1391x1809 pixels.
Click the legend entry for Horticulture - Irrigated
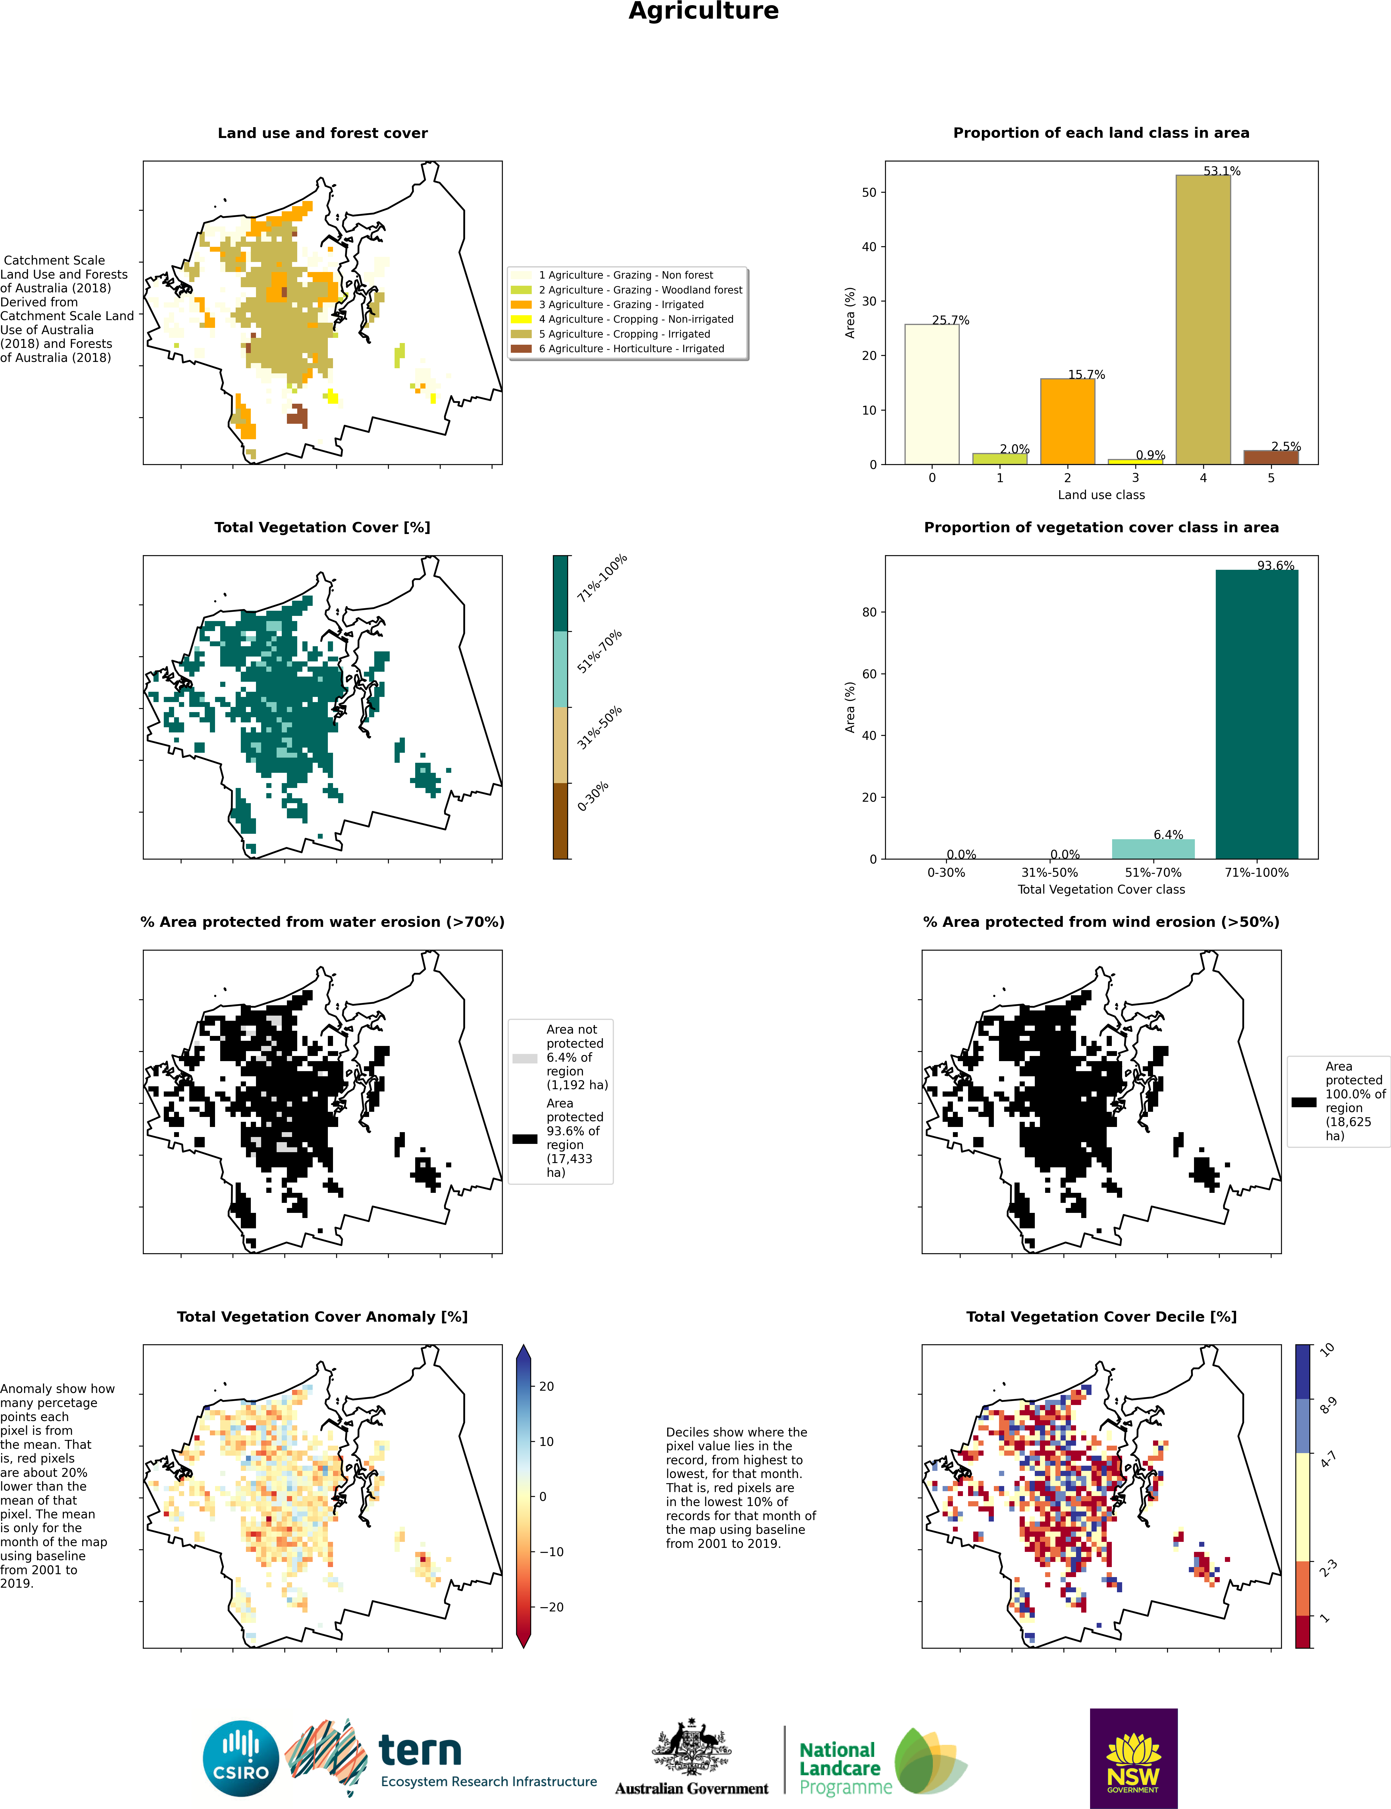click(x=631, y=348)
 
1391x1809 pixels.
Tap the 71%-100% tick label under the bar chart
click(x=1256, y=873)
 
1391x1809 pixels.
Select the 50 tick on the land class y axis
click(x=868, y=192)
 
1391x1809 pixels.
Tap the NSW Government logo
click(x=1133, y=1759)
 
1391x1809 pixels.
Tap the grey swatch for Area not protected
click(x=525, y=1058)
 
